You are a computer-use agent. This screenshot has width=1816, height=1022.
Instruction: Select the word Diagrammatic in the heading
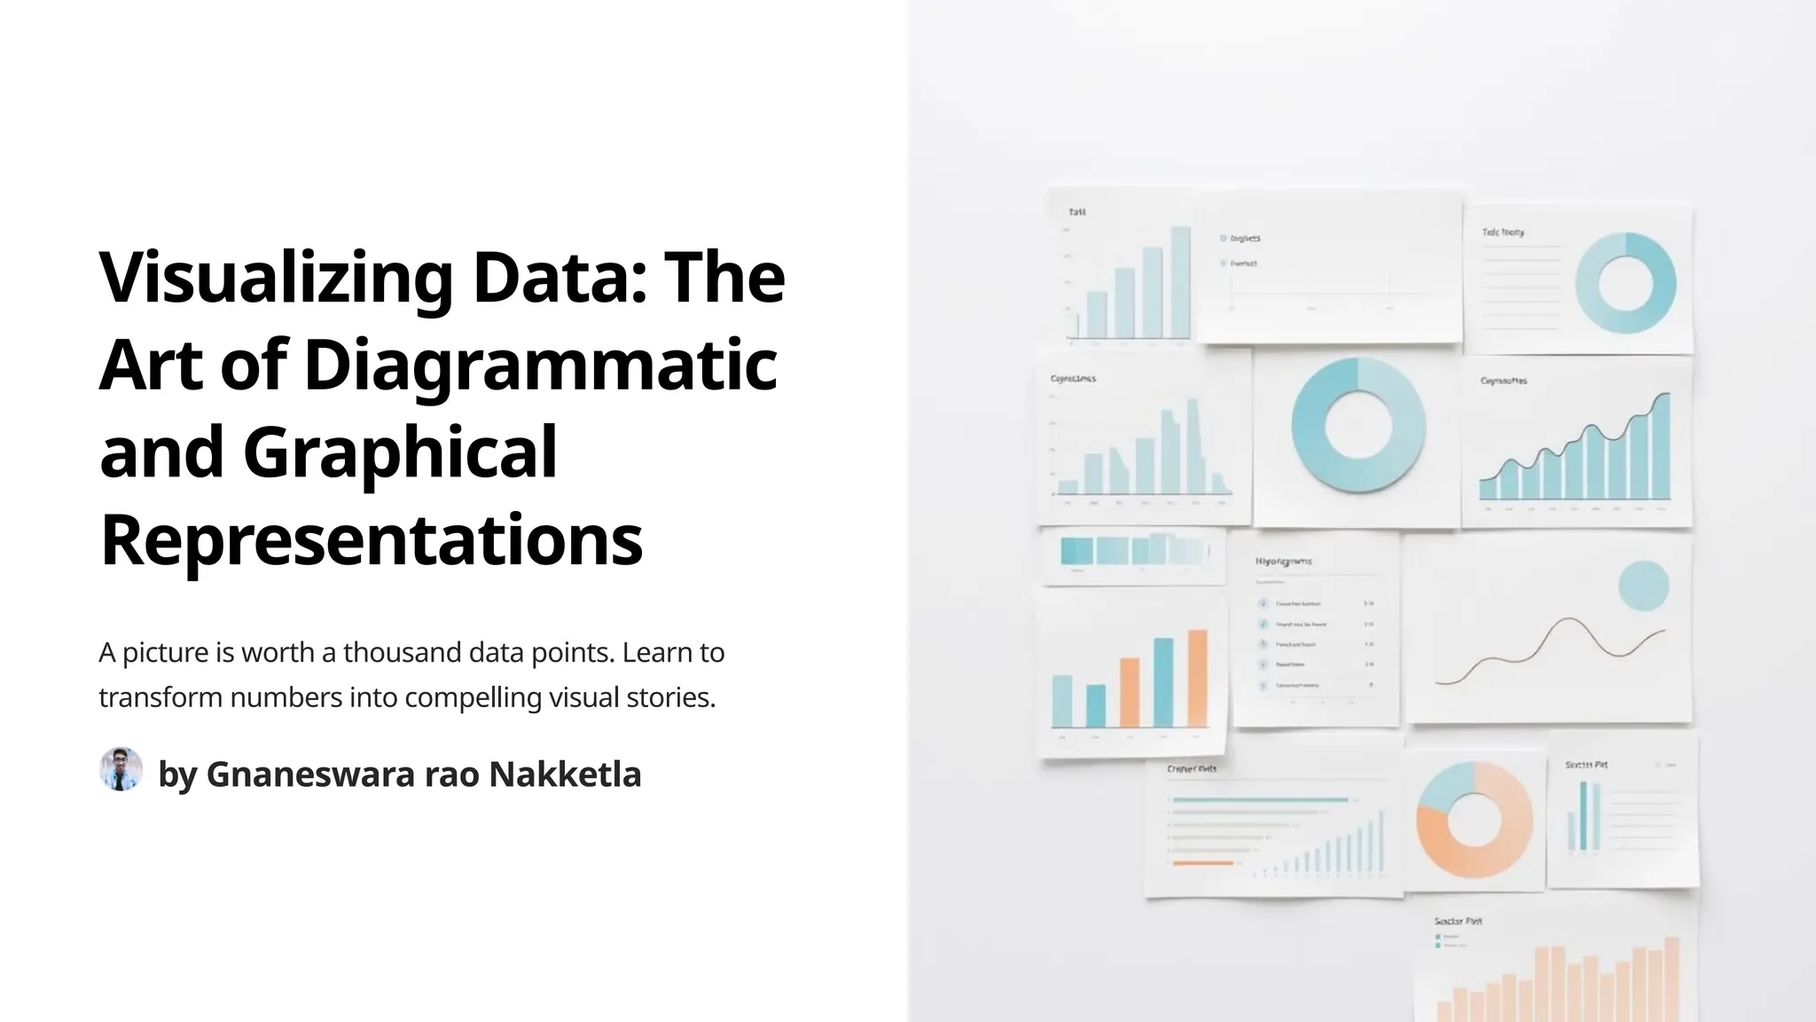coord(540,365)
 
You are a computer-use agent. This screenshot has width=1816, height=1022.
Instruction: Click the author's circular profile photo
coord(121,769)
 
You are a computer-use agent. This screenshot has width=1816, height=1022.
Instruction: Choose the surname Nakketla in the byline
coord(564,774)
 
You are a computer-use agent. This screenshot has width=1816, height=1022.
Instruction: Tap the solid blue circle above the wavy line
coord(1643,586)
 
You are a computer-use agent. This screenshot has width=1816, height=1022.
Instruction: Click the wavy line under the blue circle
coord(1552,648)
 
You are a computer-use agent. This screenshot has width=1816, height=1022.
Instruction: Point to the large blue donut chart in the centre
coord(1358,425)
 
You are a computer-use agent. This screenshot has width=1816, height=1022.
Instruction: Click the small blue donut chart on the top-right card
coord(1625,283)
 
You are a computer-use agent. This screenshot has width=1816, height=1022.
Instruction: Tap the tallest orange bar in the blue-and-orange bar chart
coord(1197,678)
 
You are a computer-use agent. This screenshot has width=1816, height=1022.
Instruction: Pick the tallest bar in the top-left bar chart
coord(1180,282)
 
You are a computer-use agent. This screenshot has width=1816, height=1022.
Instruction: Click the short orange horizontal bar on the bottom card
coord(1202,862)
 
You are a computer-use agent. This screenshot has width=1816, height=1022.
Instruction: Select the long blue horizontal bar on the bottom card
coord(1260,800)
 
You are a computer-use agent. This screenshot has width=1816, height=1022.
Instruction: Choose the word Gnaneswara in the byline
coord(310,774)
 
